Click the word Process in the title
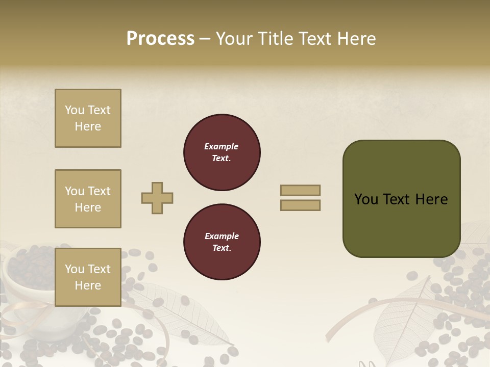click(x=160, y=39)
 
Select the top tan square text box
click(x=88, y=118)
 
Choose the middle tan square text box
click(x=88, y=199)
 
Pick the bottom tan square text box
click(x=88, y=277)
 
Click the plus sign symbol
click(x=157, y=198)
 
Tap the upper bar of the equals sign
click(x=300, y=190)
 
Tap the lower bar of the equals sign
click(x=300, y=205)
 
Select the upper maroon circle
click(x=222, y=152)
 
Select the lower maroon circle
click(x=222, y=242)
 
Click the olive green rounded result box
click(x=401, y=199)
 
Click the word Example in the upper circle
click(x=221, y=146)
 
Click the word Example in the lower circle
click(x=221, y=236)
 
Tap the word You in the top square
click(x=75, y=110)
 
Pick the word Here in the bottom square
click(x=88, y=285)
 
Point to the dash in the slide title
click(x=205, y=39)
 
